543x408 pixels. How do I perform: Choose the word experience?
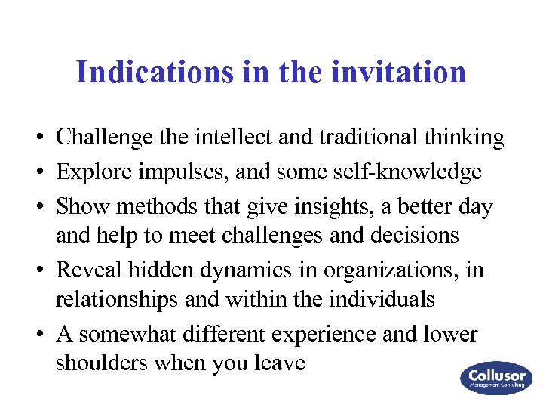(x=318, y=334)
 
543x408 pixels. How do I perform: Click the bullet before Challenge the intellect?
(x=36, y=138)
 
